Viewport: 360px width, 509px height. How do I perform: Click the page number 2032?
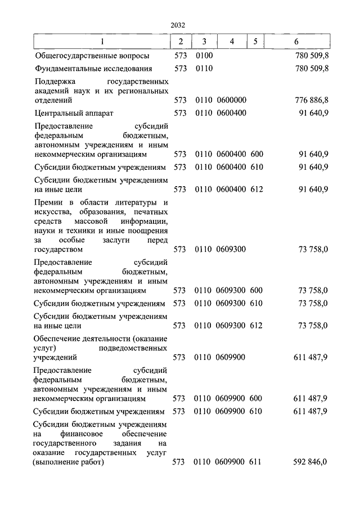pos(177,25)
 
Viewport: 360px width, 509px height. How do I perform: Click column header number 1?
pos(101,42)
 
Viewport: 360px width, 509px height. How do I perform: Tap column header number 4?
pos(232,42)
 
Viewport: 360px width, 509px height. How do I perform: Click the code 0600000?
pos(231,100)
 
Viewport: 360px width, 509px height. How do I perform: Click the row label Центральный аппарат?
pos(74,113)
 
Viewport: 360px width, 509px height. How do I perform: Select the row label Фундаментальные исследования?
pos(93,69)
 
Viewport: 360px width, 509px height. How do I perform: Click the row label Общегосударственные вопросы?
pos(92,56)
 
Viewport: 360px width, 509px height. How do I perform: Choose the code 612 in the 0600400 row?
pos(256,189)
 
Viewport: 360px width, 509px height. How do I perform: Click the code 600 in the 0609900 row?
pos(256,398)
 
